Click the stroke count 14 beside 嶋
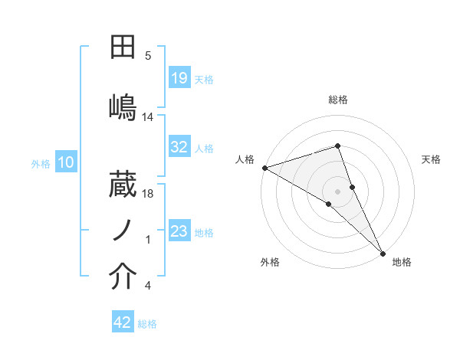[148, 117]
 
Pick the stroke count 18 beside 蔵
[148, 195]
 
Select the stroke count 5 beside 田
[148, 55]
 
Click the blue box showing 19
[179, 78]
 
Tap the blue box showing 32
[179, 147]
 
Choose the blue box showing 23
[179, 232]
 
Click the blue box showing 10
[66, 162]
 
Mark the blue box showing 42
[123, 323]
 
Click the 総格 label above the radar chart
[338, 100]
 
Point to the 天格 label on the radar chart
[432, 159]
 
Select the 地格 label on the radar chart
[402, 262]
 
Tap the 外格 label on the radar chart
[270, 262]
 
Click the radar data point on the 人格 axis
[264, 168]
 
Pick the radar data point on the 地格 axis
[383, 251]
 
